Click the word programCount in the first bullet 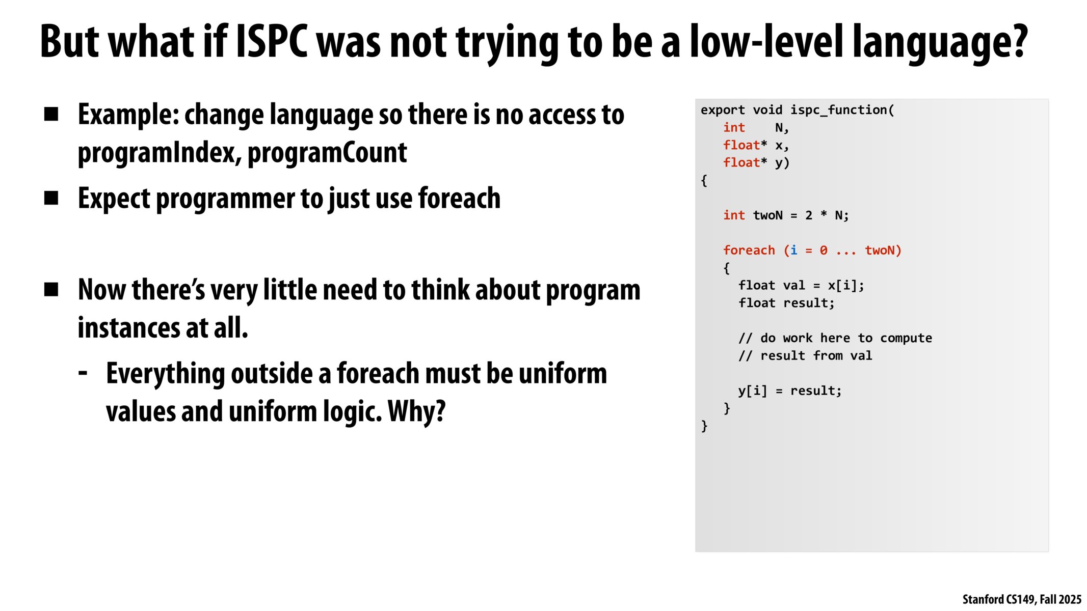[327, 152]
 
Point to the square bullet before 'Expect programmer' [51, 198]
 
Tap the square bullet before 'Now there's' [51, 290]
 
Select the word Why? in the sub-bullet [416, 411]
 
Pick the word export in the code [723, 110]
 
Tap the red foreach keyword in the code [749, 250]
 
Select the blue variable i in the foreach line [793, 250]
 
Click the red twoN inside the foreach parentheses [880, 250]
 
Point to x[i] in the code [842, 285]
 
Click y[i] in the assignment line [752, 391]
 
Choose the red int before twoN [734, 215]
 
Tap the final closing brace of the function [704, 426]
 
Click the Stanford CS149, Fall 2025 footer [1022, 599]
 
